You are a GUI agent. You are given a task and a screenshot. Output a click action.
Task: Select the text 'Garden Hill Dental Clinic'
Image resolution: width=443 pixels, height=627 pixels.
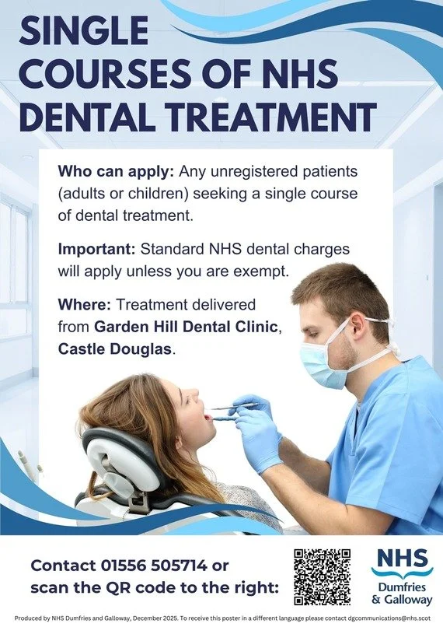coord(186,327)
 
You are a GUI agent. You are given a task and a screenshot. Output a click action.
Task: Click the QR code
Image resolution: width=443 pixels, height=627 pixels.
coord(322,576)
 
